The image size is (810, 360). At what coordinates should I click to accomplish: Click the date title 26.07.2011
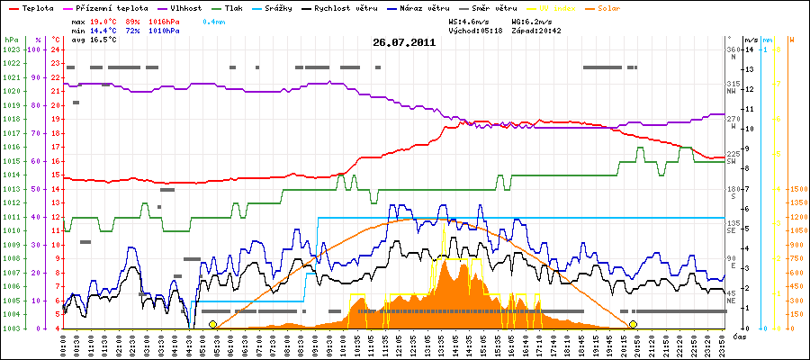point(404,41)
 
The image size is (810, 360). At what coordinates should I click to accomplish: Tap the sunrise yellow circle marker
point(212,324)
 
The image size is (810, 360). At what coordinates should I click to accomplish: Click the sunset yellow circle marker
point(633,324)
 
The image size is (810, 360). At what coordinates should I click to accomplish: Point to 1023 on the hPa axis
point(11,49)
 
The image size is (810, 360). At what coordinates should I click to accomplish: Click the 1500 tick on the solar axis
point(796,189)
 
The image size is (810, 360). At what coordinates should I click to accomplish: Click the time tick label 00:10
point(64,345)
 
